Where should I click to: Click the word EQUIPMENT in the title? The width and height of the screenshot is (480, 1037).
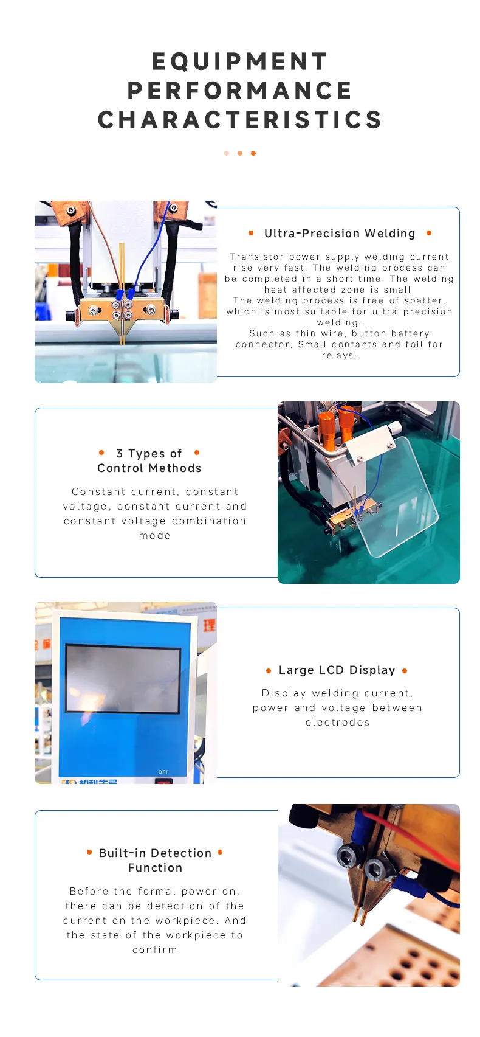click(239, 61)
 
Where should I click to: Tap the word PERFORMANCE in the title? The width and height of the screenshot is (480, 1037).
click(239, 91)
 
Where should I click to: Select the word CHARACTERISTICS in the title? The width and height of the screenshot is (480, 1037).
click(239, 120)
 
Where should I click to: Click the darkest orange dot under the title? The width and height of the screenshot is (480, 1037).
click(253, 153)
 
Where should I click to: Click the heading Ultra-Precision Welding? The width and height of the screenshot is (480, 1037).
click(340, 234)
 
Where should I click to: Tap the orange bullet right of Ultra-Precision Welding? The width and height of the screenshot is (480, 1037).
click(429, 233)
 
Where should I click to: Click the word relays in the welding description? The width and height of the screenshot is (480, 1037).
click(339, 356)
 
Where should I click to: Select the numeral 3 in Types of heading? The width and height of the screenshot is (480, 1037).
click(119, 453)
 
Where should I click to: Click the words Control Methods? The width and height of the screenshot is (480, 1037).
click(149, 468)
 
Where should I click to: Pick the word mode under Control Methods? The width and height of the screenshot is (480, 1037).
click(155, 536)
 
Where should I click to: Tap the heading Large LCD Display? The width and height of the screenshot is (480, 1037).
click(337, 670)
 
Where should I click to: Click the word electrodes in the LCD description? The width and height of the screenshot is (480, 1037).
click(338, 722)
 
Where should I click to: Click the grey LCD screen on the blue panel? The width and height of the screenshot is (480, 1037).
click(123, 678)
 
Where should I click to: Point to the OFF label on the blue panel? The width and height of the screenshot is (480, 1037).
click(163, 772)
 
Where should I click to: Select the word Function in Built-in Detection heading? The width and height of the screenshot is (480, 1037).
click(156, 867)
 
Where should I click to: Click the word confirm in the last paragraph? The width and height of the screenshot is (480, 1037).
click(155, 950)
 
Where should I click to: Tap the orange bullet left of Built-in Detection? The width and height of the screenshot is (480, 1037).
click(89, 852)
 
